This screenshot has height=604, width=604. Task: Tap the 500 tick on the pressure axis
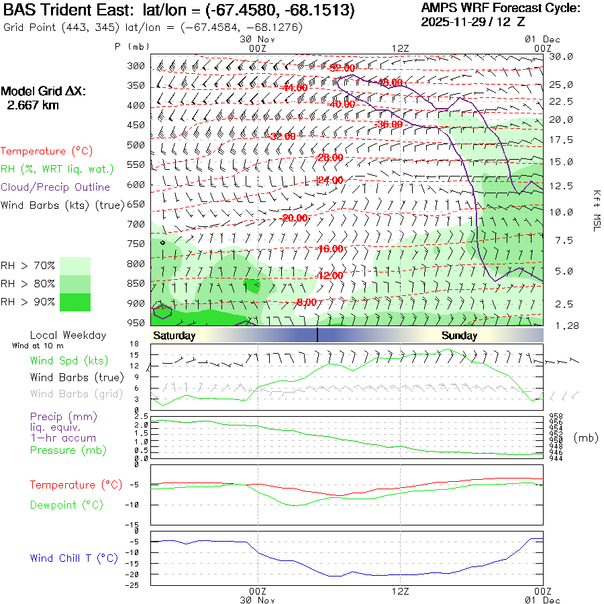tap(136, 145)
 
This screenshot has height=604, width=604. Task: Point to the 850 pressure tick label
tap(136, 283)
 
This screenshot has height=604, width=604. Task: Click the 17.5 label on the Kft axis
tap(561, 140)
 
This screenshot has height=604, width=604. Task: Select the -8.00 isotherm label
tap(306, 303)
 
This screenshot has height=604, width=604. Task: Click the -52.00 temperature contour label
tap(342, 68)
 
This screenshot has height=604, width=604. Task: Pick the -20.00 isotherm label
tap(295, 218)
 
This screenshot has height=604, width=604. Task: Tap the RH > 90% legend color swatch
tap(75, 302)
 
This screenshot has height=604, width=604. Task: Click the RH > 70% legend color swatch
tap(75, 266)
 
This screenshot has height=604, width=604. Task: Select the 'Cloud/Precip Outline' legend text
tap(56, 187)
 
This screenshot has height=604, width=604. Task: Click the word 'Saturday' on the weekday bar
tap(174, 336)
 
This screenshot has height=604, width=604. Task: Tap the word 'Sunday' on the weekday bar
tap(459, 336)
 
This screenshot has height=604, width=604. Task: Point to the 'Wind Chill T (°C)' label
tap(74, 558)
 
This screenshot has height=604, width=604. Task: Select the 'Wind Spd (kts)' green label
tap(64, 360)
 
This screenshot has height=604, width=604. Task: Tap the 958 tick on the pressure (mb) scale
tap(556, 417)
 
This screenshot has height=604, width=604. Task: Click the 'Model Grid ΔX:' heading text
tap(44, 91)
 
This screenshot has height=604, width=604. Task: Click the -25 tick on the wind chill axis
tap(134, 585)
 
